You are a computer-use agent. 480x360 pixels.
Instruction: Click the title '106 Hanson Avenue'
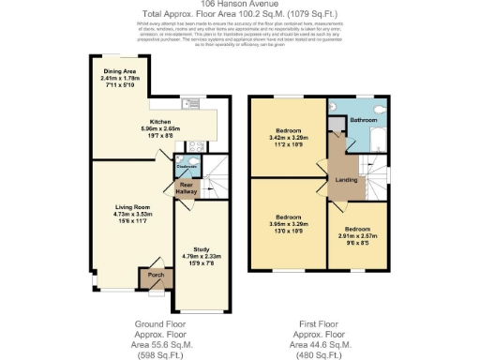pyautogui.click(x=239, y=5)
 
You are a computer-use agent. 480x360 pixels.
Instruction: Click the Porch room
pyautogui.click(x=150, y=277)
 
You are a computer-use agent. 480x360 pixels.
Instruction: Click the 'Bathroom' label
pyautogui.click(x=364, y=121)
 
